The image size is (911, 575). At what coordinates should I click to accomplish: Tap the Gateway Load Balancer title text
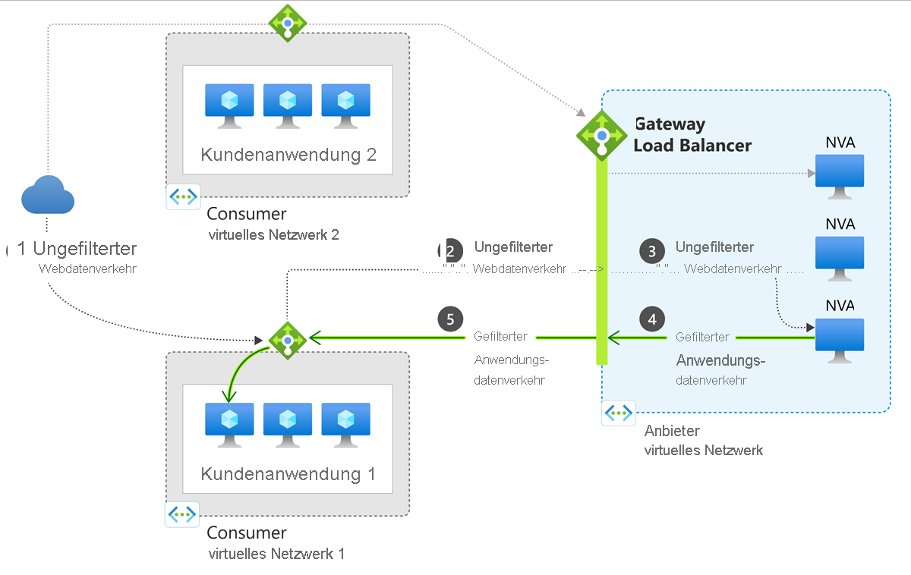[x=692, y=134]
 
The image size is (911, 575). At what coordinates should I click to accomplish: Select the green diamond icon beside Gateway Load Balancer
[x=602, y=134]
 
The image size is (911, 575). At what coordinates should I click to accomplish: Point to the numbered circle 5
[x=450, y=319]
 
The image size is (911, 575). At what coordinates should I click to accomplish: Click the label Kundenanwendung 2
[x=288, y=155]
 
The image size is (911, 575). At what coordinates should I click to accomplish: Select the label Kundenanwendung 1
[x=288, y=474]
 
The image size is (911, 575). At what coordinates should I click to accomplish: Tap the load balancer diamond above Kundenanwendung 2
[x=288, y=23]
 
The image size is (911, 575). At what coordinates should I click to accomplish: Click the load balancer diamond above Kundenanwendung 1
[x=288, y=340]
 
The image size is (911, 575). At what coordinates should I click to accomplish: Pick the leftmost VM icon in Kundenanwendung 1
[x=229, y=423]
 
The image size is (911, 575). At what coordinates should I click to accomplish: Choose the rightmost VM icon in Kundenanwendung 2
[x=346, y=104]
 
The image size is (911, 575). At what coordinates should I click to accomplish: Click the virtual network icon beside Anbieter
[x=618, y=413]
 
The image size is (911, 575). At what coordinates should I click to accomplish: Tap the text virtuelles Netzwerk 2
[x=273, y=235]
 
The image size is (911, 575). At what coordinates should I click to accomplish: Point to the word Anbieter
[x=672, y=431]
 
